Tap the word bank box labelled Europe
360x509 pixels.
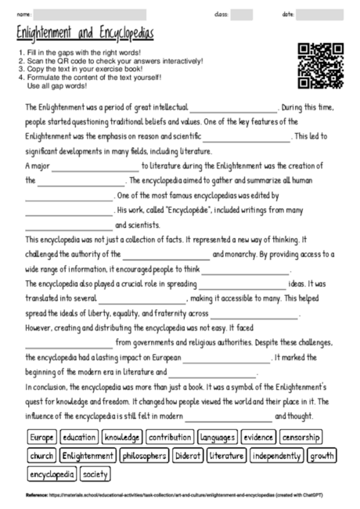(x=41, y=437)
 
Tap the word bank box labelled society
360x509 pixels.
(x=95, y=473)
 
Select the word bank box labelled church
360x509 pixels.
(x=41, y=455)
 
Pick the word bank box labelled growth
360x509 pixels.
(x=322, y=455)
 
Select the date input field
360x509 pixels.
(x=319, y=14)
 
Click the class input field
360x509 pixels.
(x=242, y=14)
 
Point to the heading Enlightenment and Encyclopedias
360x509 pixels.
(x=85, y=33)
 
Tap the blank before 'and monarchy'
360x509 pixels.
(x=166, y=254)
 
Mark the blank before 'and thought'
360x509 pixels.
(x=228, y=416)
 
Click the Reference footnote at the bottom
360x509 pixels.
(x=179, y=495)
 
